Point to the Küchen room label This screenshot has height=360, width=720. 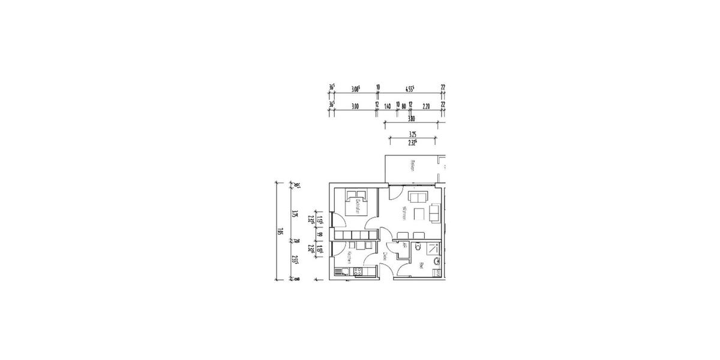click(348, 259)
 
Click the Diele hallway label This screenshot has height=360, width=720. click(385, 256)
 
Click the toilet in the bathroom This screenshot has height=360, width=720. click(418, 246)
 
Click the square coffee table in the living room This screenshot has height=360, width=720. click(419, 212)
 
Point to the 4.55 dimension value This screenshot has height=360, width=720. click(410, 88)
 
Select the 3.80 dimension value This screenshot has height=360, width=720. click(412, 119)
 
